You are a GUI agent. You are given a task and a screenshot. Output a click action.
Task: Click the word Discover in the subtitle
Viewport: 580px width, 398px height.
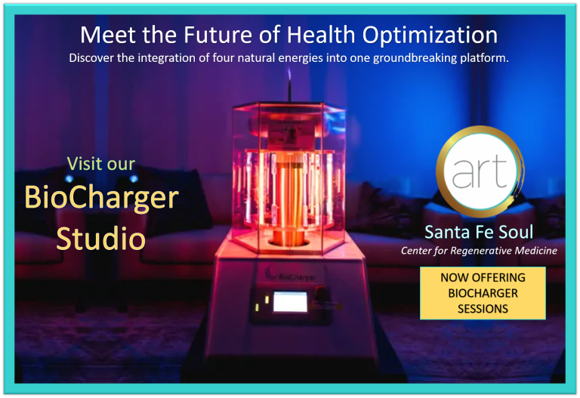coord(94,57)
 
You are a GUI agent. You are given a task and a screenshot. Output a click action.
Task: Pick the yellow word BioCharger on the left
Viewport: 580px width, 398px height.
coord(101,198)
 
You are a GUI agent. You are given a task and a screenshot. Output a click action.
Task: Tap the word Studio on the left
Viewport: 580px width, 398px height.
coord(100,238)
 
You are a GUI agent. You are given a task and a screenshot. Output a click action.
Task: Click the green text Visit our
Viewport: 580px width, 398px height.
coord(101,163)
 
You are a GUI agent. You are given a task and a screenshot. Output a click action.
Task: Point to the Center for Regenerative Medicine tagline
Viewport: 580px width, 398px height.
coord(479,250)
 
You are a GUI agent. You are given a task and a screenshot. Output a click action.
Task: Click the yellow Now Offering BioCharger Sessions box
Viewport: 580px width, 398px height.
coord(483,293)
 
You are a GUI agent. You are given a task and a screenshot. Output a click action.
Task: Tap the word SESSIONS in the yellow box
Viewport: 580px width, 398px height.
coord(483,308)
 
